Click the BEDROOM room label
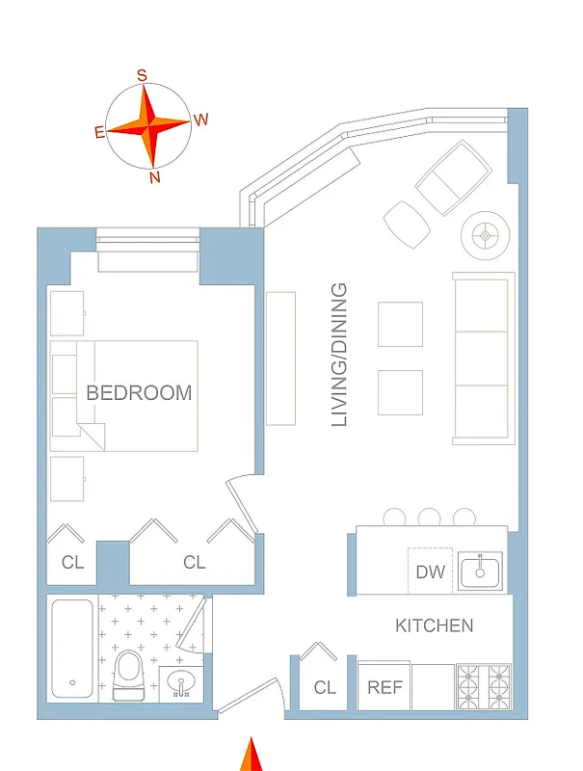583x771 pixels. tap(139, 393)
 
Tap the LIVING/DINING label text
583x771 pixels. tap(339, 355)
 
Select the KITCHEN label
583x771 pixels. tap(434, 625)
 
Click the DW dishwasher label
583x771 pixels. tap(431, 572)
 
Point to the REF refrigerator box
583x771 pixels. tap(384, 688)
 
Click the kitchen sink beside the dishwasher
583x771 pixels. tap(480, 571)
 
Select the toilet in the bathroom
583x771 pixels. tap(129, 675)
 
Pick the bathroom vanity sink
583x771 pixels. tap(180, 684)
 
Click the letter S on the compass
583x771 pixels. tap(143, 75)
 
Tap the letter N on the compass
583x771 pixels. tap(155, 177)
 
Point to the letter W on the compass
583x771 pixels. tap(201, 120)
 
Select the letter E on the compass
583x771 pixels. tap(99, 133)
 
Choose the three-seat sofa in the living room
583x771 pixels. tap(484, 359)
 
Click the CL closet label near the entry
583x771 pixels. tap(325, 688)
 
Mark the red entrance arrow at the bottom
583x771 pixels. tap(252, 755)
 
